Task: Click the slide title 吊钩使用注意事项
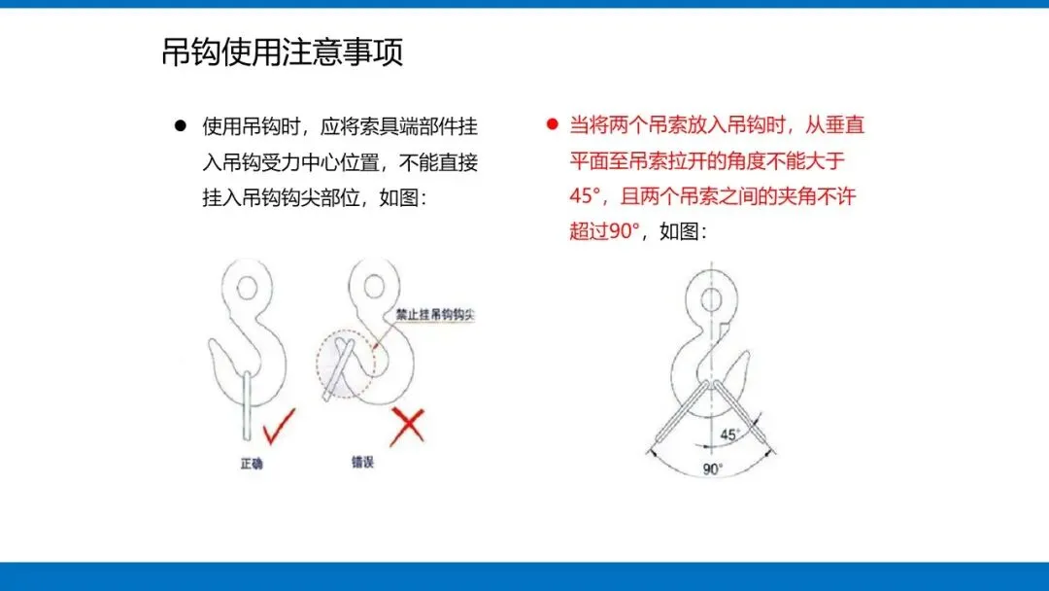tap(283, 52)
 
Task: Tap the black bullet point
tap(180, 125)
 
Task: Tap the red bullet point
tap(552, 123)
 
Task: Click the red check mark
tap(279, 427)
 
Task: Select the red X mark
tap(407, 427)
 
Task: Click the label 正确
tap(252, 463)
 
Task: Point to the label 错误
tap(362, 462)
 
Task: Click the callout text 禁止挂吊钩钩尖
tap(435, 314)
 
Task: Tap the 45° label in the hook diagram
tap(729, 435)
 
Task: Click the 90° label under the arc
tap(713, 469)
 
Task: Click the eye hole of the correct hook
tap(247, 289)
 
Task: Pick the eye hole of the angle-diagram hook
tap(711, 298)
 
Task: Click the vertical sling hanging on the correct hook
tap(247, 405)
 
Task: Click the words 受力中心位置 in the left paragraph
tap(340, 162)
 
